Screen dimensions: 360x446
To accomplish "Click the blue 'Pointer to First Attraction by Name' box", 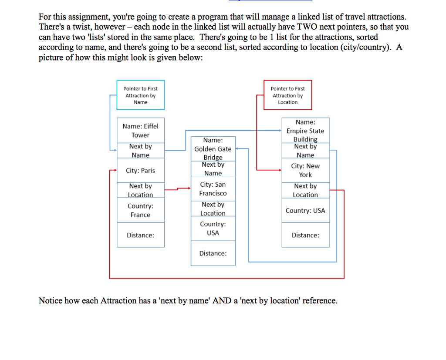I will [x=140, y=95].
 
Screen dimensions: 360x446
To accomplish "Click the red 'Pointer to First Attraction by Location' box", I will [x=287, y=95].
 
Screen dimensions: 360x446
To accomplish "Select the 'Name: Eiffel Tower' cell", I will [x=140, y=130].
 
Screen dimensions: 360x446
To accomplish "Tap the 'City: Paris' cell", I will [x=140, y=171].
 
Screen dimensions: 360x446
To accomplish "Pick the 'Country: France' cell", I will [x=140, y=210].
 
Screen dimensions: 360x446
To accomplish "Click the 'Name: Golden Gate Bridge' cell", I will [x=213, y=148].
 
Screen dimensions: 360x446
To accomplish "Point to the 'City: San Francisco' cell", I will [x=213, y=189].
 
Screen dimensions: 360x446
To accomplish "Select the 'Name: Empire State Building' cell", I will [x=305, y=131].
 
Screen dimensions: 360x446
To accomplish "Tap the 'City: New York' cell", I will [x=305, y=170].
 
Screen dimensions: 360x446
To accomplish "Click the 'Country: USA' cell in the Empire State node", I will [x=305, y=211].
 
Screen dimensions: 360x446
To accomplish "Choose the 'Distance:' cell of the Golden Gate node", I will [x=213, y=253].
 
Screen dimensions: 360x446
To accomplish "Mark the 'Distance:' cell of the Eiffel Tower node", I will [x=140, y=235].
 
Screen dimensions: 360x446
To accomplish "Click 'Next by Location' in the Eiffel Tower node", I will [x=140, y=190].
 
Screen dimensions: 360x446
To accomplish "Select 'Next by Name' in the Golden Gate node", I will [x=213, y=169].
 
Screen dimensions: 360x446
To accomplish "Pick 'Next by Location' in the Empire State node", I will [x=305, y=190].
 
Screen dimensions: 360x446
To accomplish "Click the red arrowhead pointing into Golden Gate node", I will [x=188, y=188].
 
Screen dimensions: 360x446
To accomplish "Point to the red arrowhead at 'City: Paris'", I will [x=115, y=171].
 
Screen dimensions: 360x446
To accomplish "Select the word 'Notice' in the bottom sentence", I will [x=50, y=301].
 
